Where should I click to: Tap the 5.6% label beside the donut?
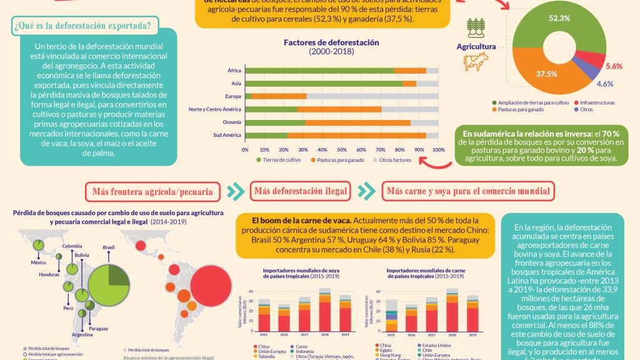pyautogui.click(x=614, y=66)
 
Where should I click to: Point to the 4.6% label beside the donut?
pyautogui.click(x=604, y=83)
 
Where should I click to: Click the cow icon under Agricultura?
pyautogui.click(x=476, y=61)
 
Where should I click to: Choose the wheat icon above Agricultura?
pyautogui.click(x=476, y=28)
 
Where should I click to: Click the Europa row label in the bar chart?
pyautogui.click(x=232, y=96)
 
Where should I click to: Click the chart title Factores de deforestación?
pyautogui.click(x=331, y=42)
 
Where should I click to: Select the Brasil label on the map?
pyautogui.click(x=109, y=247)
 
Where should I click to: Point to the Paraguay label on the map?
pyautogui.click(x=99, y=328)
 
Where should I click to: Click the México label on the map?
pyautogui.click(x=39, y=262)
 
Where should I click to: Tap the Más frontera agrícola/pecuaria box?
pyautogui.click(x=153, y=191)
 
